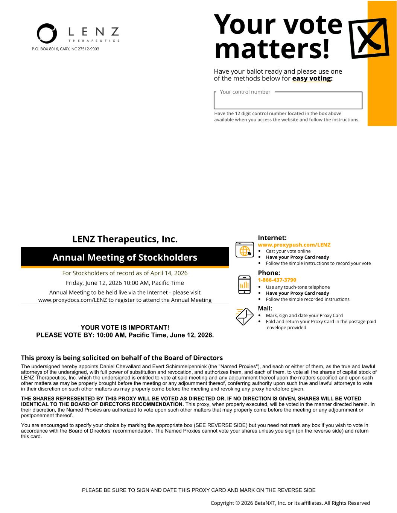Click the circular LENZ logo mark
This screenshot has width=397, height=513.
tap(47, 33)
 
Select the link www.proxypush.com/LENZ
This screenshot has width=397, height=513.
tap(294, 245)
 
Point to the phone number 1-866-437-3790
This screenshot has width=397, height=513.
tap(277, 280)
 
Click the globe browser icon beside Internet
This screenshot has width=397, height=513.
tap(245, 250)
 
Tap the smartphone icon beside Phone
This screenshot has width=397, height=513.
tap(244, 284)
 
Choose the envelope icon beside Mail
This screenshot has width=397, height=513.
tap(244, 316)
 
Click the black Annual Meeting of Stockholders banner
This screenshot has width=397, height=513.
tap(125, 257)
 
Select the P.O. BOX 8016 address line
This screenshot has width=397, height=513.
tap(65, 49)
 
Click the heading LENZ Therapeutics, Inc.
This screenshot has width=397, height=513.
tap(125, 239)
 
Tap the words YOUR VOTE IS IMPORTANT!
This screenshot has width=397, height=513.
tap(125, 328)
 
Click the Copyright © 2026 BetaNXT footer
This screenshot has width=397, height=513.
tap(290, 503)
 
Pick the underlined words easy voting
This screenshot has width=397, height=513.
tap(312, 79)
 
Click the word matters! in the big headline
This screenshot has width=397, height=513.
tap(272, 50)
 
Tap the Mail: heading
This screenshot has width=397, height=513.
tap(265, 309)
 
